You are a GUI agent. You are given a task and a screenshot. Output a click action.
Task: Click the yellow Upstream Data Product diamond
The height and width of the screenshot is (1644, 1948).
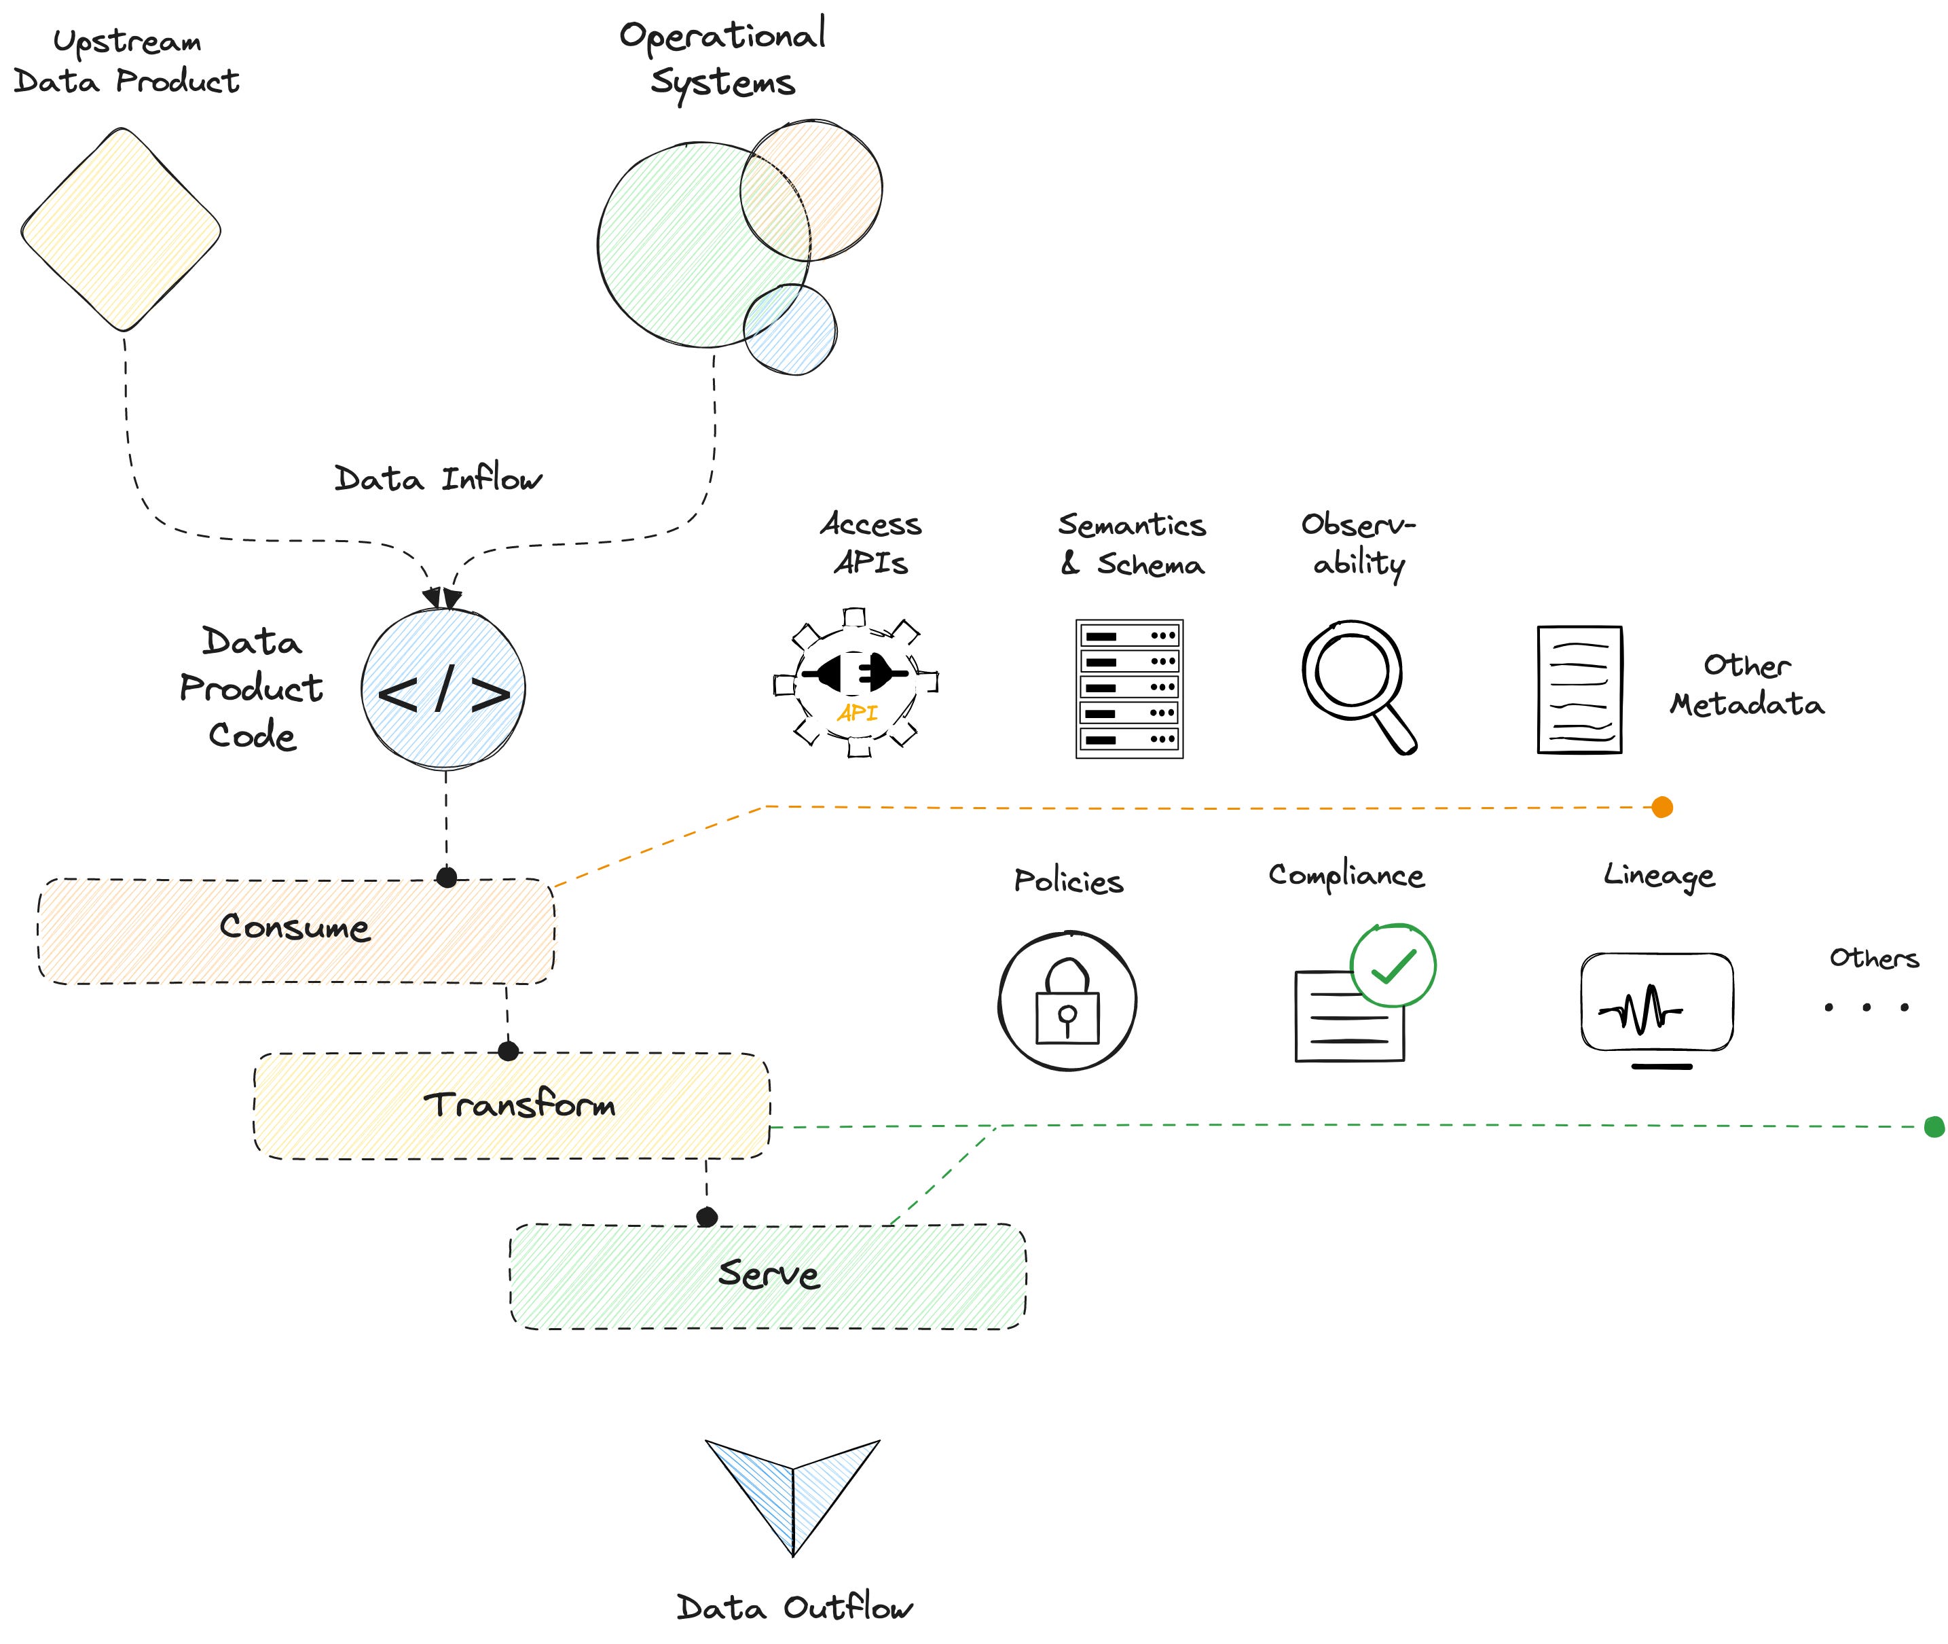coord(121,229)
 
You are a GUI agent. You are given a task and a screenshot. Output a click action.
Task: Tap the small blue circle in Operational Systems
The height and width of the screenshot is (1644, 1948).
coord(790,330)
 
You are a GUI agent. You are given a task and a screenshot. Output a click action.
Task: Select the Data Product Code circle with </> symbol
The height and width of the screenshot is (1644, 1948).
coord(443,690)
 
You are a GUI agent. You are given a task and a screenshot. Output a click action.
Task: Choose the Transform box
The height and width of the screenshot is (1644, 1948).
coord(513,1106)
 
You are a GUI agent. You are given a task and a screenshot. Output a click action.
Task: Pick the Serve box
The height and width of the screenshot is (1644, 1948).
coord(769,1276)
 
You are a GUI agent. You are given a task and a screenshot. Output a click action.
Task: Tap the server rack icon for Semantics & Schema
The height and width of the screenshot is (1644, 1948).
coord(1129,689)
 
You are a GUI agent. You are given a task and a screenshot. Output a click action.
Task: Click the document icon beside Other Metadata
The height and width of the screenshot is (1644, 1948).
coord(1579,690)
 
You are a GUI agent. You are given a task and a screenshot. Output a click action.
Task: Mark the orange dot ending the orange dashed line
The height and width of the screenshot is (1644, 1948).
coord(1662,807)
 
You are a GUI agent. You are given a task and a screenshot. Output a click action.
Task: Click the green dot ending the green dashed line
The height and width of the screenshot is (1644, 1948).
coord(1934,1128)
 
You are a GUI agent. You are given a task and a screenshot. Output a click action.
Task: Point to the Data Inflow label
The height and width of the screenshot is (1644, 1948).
coord(438,479)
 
